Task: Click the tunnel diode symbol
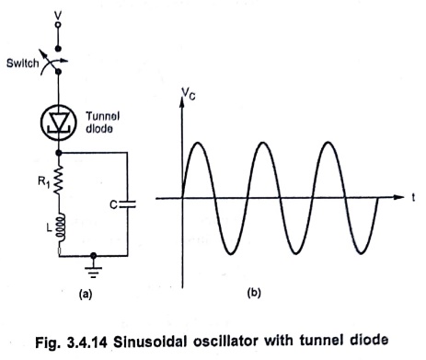58,122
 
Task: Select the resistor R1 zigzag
58,180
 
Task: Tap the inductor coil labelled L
61,227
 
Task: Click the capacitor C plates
127,204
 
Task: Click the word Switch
23,64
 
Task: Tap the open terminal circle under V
58,25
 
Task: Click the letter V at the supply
58,15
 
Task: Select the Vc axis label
188,93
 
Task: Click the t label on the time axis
413,198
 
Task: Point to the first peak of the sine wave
198,143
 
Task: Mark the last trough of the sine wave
361,253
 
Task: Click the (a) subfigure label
86,294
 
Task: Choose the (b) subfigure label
254,293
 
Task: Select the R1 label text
43,182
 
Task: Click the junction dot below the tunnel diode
59,153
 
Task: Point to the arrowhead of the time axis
398,197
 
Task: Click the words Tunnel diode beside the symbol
102,122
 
